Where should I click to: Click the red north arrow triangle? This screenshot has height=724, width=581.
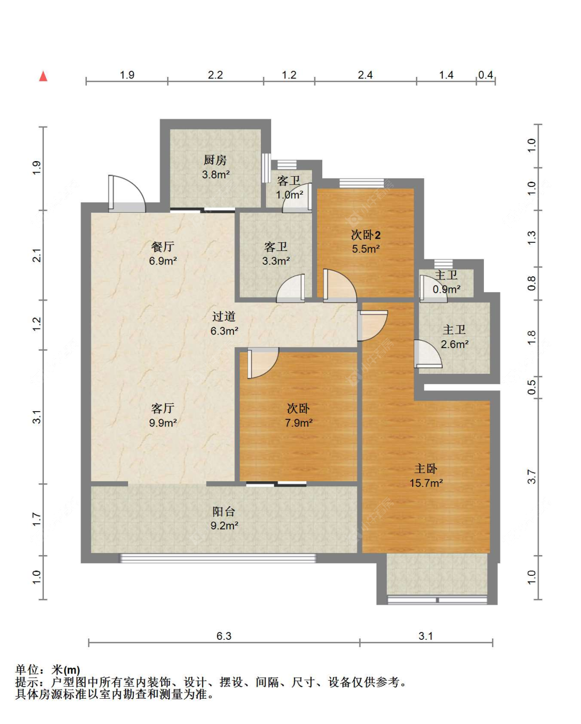point(43,76)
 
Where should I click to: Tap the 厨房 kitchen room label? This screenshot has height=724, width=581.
point(215,160)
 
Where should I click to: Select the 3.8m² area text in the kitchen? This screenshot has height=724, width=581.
point(215,175)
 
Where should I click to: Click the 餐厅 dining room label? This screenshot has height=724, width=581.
point(163,247)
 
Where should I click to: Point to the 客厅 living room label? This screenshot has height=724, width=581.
point(163,408)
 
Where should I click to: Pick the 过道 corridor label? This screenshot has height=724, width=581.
point(224,317)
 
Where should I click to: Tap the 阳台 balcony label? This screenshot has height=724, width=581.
point(224,512)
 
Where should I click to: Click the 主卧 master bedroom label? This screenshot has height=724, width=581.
point(426,469)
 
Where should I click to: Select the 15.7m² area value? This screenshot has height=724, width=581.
point(426,483)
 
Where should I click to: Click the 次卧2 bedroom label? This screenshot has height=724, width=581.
point(366,235)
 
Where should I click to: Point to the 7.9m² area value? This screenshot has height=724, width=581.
point(299,423)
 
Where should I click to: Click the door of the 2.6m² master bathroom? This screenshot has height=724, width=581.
point(427,354)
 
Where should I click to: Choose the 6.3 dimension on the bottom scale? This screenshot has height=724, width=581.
point(224,636)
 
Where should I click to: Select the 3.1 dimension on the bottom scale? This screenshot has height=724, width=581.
point(426,636)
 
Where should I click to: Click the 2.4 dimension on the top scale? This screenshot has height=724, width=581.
point(365,75)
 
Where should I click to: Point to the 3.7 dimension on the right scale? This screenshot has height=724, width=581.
point(531,477)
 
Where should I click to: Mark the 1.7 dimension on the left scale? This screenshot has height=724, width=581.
point(37,519)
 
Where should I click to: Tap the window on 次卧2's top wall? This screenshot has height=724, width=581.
point(362,183)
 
